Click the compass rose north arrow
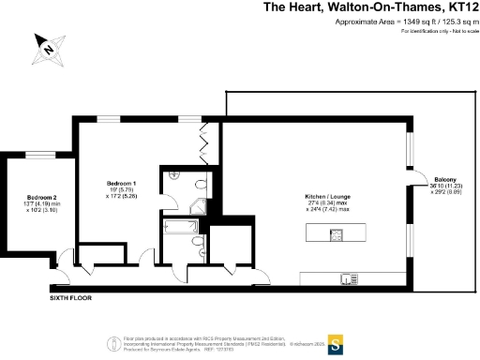click(43, 44)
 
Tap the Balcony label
click(444, 179)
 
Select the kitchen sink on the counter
click(347, 277)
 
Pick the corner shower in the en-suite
click(174, 176)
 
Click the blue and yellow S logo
click(333, 343)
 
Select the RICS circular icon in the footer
click(113, 342)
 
